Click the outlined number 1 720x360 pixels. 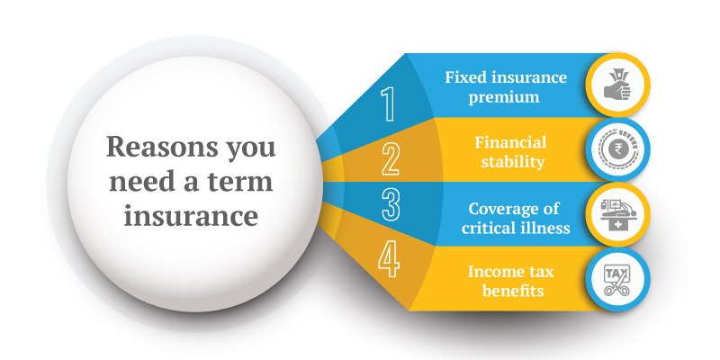389,104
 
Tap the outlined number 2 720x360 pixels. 391,159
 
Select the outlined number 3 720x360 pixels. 391,204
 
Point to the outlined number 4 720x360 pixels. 389,261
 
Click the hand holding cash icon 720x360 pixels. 617,85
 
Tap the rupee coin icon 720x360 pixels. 617,149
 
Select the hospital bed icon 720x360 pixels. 617,214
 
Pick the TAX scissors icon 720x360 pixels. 616,280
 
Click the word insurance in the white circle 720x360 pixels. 191,216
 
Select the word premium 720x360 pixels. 504,98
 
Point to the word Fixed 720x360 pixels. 463,77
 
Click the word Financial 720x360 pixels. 510,142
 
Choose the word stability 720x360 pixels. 513,163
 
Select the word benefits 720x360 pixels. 513,291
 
